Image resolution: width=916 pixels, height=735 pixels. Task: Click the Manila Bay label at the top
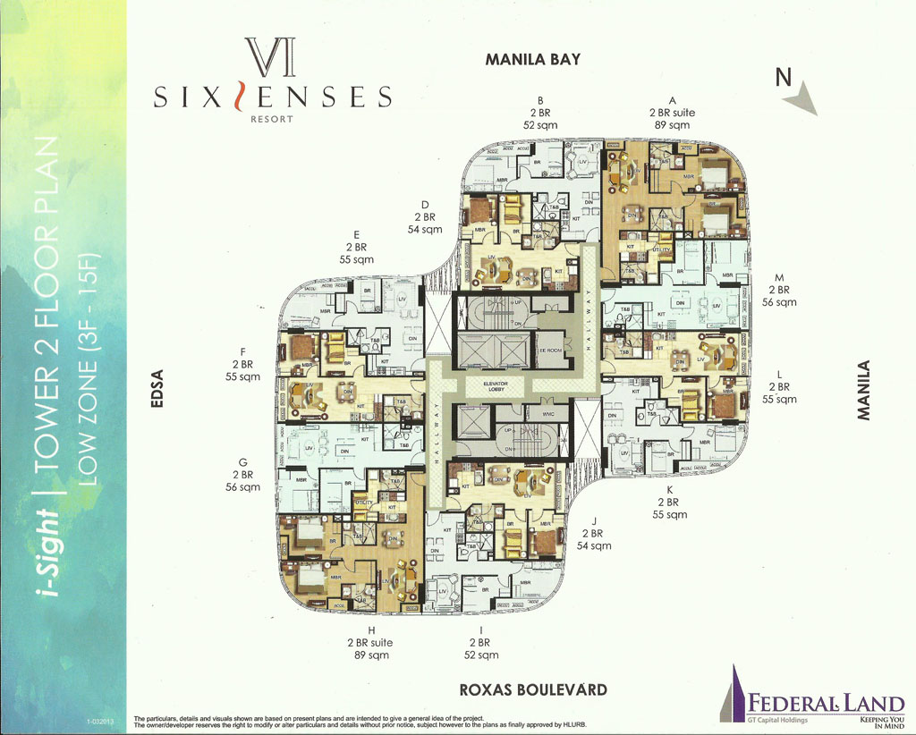(532, 60)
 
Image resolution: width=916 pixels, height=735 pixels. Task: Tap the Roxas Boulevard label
(532, 689)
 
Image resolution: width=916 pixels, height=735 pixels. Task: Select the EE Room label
(550, 351)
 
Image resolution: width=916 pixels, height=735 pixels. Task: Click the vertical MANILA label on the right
(863, 390)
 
